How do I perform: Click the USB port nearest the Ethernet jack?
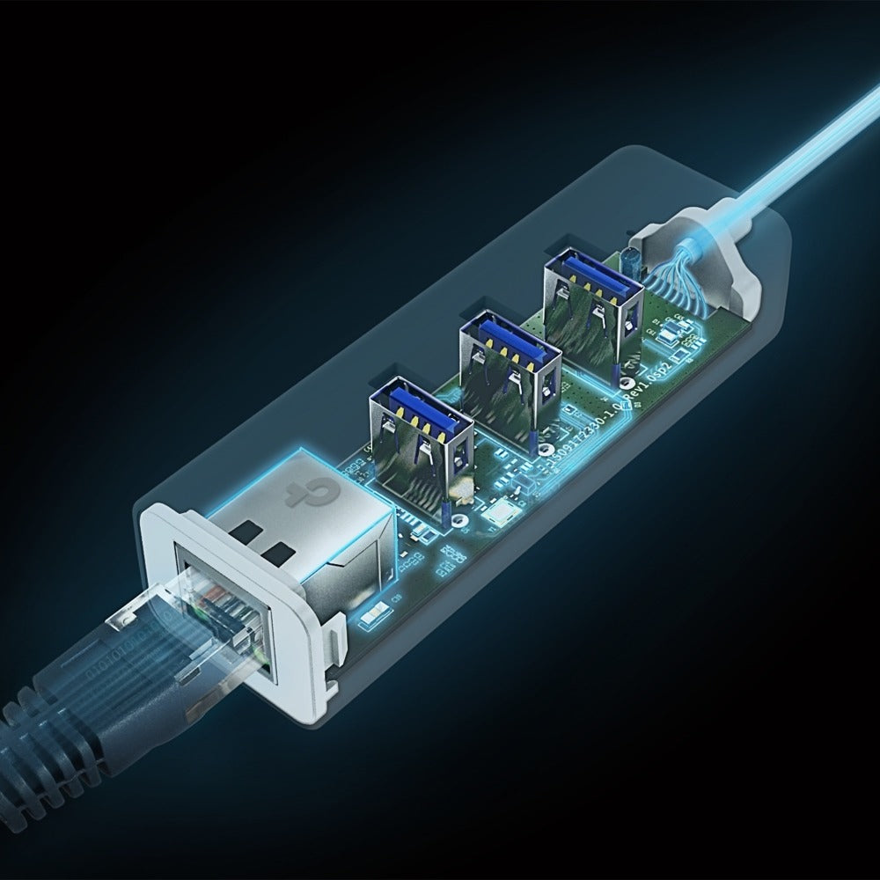click(x=420, y=432)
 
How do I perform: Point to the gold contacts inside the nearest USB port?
click(x=419, y=422)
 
